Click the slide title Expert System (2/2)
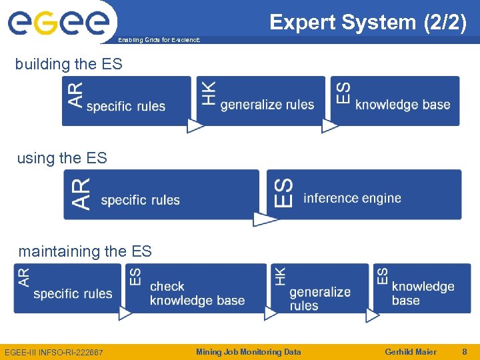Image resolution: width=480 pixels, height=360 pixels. click(x=368, y=22)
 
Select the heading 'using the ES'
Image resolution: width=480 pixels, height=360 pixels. click(x=61, y=158)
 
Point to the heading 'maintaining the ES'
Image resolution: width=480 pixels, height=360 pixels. click(x=85, y=251)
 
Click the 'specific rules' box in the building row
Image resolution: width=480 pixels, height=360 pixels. click(x=126, y=101)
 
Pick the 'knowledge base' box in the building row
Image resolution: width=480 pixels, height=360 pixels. click(x=396, y=101)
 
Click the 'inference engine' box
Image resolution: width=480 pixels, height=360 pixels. click(x=364, y=195)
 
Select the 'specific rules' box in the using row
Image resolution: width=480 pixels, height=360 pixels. click(x=161, y=195)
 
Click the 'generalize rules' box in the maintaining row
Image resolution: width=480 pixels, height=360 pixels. click(x=319, y=288)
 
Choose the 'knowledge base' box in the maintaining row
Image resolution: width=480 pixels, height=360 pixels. click(x=421, y=288)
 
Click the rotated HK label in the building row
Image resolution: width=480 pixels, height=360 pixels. click(x=209, y=93)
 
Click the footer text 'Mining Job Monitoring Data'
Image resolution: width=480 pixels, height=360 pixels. click(x=248, y=352)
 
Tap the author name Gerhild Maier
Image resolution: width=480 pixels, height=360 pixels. click(x=411, y=352)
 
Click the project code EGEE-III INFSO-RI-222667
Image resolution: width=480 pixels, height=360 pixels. click(x=54, y=352)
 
